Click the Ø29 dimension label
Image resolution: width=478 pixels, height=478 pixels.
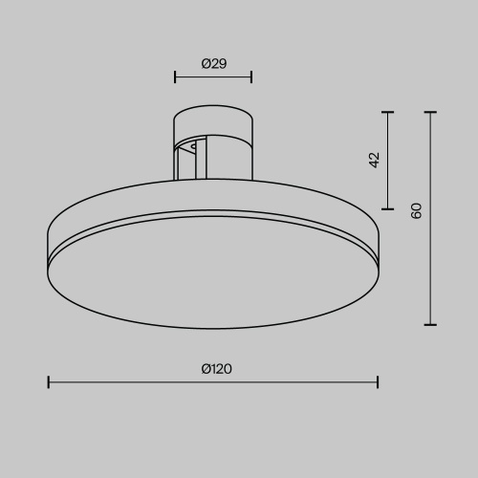213,64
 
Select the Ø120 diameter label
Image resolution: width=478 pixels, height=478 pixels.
217,369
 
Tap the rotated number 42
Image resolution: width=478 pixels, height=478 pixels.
374,160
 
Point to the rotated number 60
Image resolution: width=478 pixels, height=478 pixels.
416,210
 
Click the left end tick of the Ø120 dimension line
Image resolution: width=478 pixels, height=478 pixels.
49,382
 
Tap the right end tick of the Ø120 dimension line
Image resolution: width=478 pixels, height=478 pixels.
378,382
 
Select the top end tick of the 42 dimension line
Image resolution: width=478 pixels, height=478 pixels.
388,113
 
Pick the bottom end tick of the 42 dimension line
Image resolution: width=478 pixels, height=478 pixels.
388,208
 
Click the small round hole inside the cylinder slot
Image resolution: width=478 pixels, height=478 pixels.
194,147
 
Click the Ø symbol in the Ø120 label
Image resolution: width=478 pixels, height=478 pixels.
206,369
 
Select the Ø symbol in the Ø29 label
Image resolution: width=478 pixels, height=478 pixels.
206,64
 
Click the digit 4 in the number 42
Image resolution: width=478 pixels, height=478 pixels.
374,163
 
